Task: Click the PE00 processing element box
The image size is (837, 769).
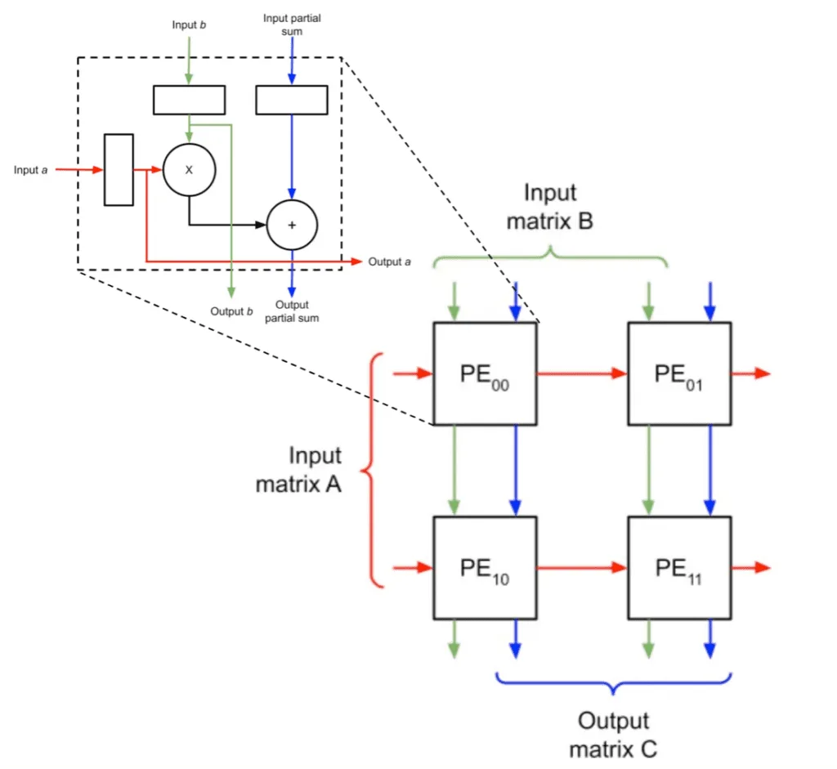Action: pyautogui.click(x=485, y=373)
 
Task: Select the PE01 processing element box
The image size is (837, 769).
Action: pyautogui.click(x=679, y=373)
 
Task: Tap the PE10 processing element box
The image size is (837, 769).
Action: pyautogui.click(x=485, y=568)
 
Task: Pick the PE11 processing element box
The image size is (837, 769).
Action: pyautogui.click(x=679, y=568)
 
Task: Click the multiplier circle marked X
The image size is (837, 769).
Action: pyautogui.click(x=189, y=170)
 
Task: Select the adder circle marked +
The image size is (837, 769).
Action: pyautogui.click(x=292, y=224)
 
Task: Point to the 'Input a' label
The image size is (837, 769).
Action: pyautogui.click(x=31, y=170)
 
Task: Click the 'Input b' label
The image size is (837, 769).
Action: pyautogui.click(x=189, y=25)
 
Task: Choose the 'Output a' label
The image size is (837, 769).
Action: pyautogui.click(x=389, y=262)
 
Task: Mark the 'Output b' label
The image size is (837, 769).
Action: pyautogui.click(x=231, y=311)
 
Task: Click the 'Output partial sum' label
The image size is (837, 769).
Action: pyautogui.click(x=292, y=311)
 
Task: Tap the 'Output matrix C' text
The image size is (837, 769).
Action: pyautogui.click(x=613, y=735)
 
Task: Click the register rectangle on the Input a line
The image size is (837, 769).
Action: pyautogui.click(x=119, y=170)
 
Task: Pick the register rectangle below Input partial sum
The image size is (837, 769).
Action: pyautogui.click(x=292, y=100)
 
